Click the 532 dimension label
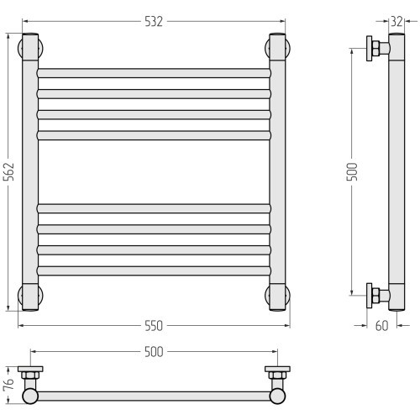[x=154, y=22]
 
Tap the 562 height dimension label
[x=9, y=171]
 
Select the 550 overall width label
[x=154, y=326]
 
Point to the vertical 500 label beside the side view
[x=352, y=171]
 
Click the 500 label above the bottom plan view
[x=154, y=352]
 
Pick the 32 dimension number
[x=396, y=22]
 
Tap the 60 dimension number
[x=381, y=326]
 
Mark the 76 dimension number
[x=8, y=384]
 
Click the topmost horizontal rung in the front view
[x=154, y=73]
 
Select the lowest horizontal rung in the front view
[x=154, y=271]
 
